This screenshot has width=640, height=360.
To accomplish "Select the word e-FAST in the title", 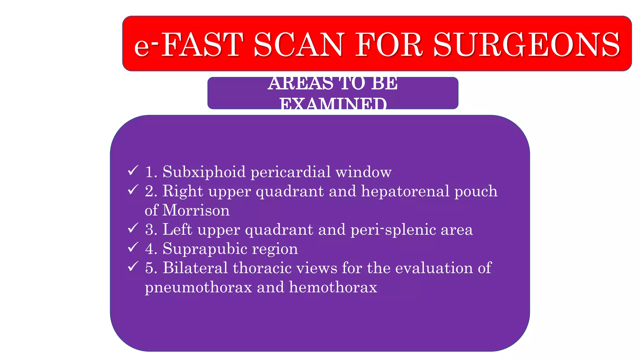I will [188, 45].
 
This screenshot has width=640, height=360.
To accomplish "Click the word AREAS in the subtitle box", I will [300, 84].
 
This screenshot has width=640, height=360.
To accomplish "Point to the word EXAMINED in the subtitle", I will [333, 104].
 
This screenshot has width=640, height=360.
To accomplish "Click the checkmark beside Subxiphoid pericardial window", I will [133, 171].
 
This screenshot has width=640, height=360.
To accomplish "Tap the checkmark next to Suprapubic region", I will [133, 247].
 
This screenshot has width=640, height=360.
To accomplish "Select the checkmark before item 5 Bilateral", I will [133, 267].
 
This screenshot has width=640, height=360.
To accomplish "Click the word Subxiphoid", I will [204, 172].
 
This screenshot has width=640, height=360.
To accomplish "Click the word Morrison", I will [196, 210].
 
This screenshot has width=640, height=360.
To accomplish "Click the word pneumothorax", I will [198, 287].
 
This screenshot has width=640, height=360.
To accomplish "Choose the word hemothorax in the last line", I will [333, 287].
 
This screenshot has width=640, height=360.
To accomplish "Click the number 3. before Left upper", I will [151, 230].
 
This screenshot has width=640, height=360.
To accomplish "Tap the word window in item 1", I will [363, 172].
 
